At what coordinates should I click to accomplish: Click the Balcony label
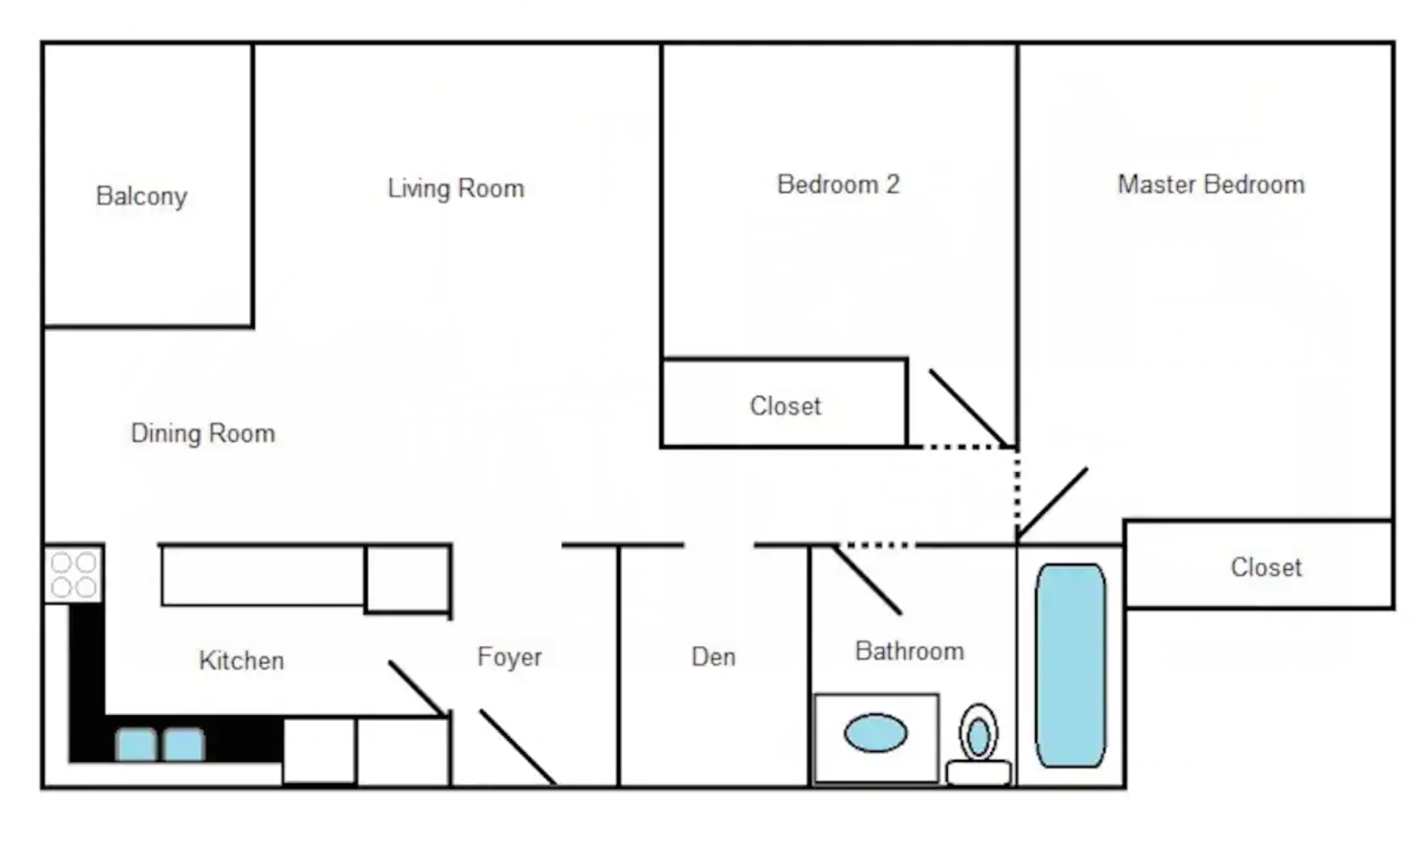click(141, 197)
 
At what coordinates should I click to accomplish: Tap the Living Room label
click(455, 189)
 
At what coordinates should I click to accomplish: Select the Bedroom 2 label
click(838, 185)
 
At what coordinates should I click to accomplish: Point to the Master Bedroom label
click(1211, 185)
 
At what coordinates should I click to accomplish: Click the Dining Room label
click(202, 433)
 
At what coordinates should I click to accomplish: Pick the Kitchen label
click(242, 660)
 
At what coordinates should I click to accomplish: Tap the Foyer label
click(509, 657)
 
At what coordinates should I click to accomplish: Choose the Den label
click(713, 656)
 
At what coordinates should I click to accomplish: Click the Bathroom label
click(909, 651)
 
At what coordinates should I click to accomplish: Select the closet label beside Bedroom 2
click(785, 406)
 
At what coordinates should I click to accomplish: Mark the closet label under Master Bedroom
click(1266, 567)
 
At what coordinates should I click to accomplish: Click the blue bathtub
click(1070, 665)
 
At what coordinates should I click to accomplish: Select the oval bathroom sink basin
click(875, 733)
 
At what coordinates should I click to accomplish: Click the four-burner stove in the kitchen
click(73, 575)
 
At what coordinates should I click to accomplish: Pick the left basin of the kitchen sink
click(136, 745)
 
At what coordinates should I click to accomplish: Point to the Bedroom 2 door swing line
click(969, 407)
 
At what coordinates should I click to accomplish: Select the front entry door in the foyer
click(518, 747)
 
